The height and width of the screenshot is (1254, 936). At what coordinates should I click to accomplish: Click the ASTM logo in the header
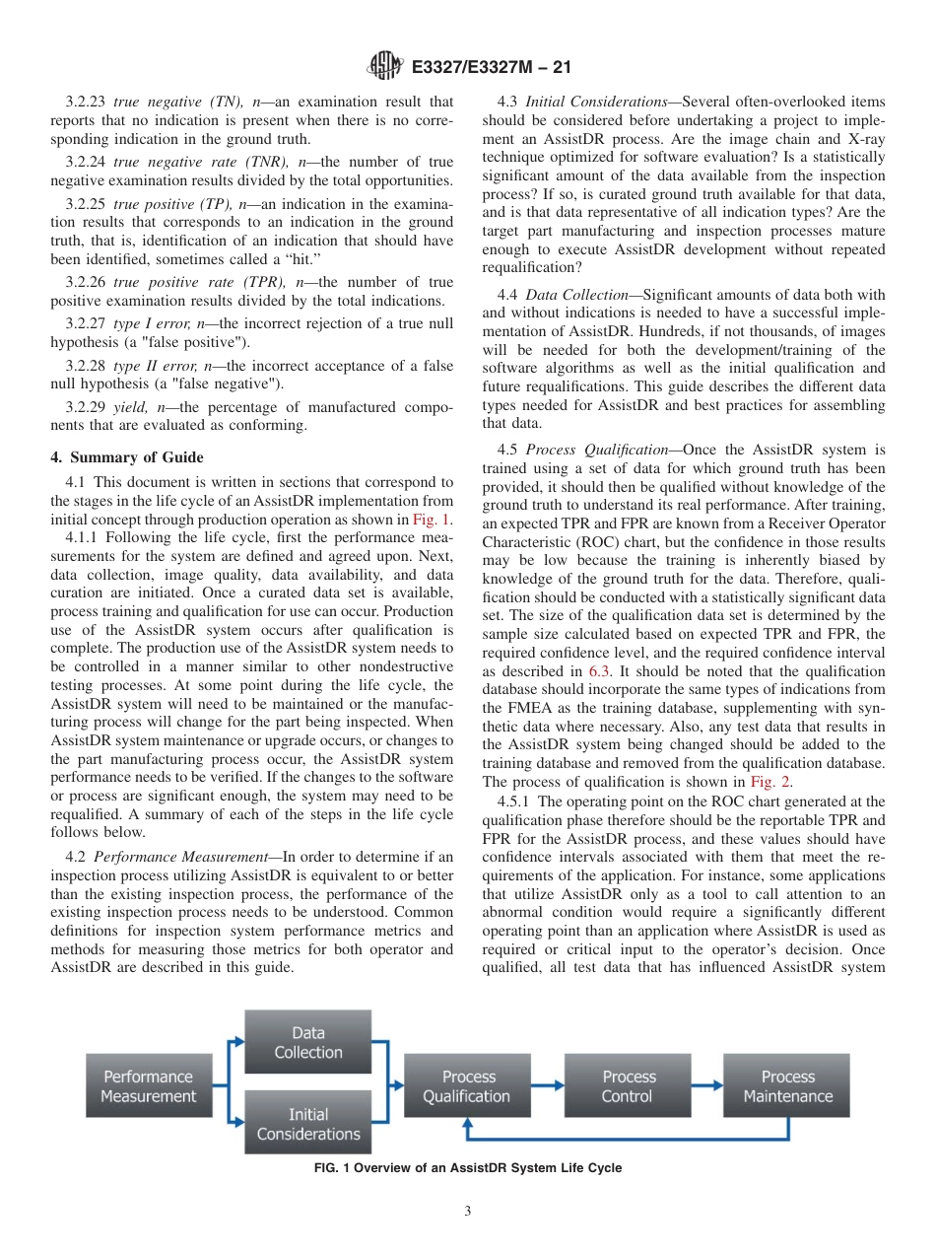(384, 67)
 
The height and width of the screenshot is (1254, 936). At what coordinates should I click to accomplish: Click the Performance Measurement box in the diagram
(149, 1086)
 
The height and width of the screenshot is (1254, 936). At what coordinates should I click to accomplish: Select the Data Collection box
(307, 1042)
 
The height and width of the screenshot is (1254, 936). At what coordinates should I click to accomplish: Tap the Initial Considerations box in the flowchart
(307, 1124)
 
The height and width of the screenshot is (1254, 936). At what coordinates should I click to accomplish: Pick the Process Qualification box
(467, 1086)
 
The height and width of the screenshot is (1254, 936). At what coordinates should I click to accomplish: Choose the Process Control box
(628, 1086)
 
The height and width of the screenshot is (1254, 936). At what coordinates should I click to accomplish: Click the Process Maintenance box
(787, 1086)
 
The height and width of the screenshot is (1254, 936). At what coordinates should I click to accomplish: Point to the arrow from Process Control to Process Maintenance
(707, 1086)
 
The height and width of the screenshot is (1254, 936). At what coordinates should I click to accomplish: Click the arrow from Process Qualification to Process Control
(547, 1086)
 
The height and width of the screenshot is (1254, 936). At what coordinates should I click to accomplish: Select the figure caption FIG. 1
(467, 1168)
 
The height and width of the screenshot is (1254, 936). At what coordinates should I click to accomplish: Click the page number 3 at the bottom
(468, 1212)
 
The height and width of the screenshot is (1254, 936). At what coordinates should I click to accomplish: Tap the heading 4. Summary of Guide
(127, 456)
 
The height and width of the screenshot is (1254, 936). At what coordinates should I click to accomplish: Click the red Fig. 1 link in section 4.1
(432, 520)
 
